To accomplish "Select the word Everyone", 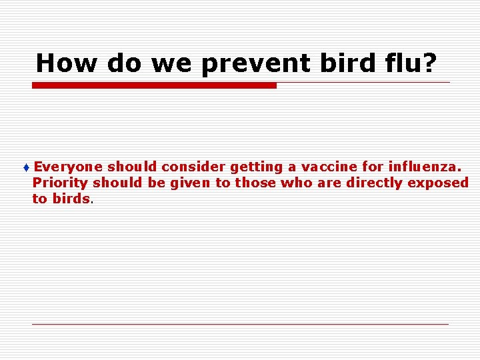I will point(68,167).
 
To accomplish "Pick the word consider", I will point(195,167).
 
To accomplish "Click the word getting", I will point(256,167).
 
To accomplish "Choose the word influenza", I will point(425,167).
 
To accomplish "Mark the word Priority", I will point(60,183).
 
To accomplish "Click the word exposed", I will point(440,183).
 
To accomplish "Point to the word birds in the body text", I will point(71,199).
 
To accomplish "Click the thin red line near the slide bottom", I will point(240,324).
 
